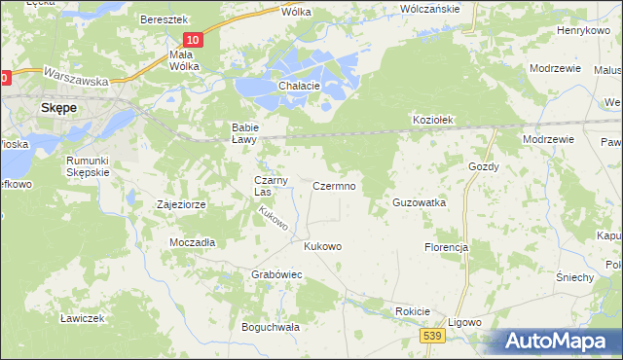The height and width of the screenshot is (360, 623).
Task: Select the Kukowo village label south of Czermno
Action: pos(322,246)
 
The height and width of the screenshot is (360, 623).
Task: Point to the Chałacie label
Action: pos(299,86)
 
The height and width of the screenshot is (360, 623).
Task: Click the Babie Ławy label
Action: pos(242,133)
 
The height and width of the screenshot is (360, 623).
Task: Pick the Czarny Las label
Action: pos(270,186)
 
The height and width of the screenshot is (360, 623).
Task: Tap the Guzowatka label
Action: pos(418,202)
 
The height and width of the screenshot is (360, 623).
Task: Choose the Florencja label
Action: pos(446,247)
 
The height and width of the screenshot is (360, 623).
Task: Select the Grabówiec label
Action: pos(277,275)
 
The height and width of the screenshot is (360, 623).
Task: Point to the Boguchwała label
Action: pos(271,327)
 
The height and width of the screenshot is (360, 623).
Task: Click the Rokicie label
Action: pos(412,310)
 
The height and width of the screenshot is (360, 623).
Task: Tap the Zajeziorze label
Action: pos(180,205)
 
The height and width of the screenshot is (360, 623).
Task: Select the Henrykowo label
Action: pos(582,31)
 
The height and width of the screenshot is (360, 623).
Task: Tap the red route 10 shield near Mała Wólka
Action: pos(193,40)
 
